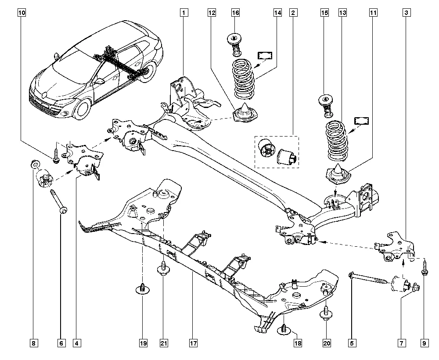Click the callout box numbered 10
point(22,13)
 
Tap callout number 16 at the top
point(235,13)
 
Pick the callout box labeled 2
point(292,13)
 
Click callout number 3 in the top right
point(407,13)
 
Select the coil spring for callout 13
point(337,141)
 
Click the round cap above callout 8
point(34,165)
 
